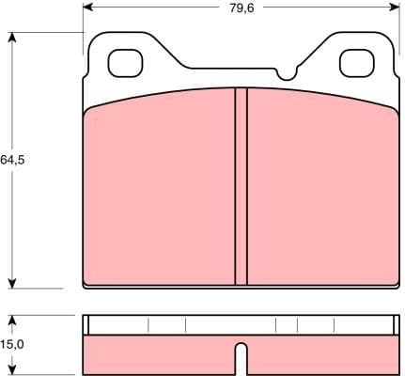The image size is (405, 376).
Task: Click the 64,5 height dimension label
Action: click(12, 160)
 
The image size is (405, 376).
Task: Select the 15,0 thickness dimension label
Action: click(11, 345)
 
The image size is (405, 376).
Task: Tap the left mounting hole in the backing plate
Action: click(124, 63)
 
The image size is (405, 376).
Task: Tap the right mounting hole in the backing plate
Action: click(354, 63)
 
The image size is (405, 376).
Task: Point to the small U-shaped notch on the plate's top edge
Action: click(286, 73)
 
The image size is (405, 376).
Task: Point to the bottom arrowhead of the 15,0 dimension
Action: click(12, 369)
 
